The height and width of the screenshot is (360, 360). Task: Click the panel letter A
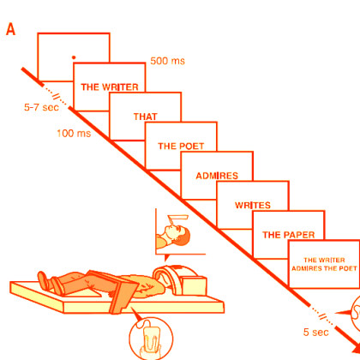[10, 29]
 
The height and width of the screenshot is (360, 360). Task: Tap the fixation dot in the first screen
[74, 57]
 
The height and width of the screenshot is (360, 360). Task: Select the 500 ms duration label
[167, 61]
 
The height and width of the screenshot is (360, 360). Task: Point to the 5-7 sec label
[41, 107]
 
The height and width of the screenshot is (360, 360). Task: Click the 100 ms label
[74, 133]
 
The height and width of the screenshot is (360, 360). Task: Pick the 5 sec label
[316, 332]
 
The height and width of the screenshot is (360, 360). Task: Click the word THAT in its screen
[146, 117]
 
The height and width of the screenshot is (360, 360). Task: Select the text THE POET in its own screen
[181, 147]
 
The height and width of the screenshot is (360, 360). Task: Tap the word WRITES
[253, 205]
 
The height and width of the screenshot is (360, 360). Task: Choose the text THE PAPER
[289, 235]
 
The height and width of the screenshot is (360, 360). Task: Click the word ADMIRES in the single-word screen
[217, 176]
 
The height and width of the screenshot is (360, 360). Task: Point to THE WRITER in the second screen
[110, 87]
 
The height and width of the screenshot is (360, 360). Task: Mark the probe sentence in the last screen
[324, 264]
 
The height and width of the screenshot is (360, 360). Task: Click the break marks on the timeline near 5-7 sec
[56, 96]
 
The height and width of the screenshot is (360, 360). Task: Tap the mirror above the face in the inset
[178, 218]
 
